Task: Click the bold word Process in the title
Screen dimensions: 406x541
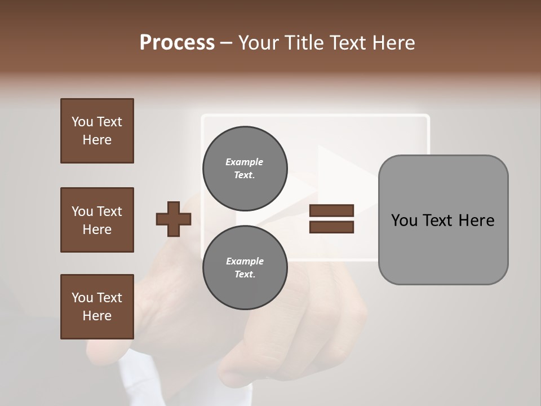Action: tap(177, 43)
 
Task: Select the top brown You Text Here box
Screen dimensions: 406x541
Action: tap(97, 131)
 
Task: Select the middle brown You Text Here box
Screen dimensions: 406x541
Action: tap(97, 220)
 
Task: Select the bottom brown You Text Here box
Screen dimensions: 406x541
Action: tap(97, 307)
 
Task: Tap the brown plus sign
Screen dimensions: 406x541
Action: tap(174, 219)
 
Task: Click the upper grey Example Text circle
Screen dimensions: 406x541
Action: tap(245, 168)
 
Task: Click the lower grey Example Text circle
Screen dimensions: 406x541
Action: tap(245, 267)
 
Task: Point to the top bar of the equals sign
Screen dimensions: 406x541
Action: tap(331, 211)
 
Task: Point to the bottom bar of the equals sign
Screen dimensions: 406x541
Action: tap(331, 227)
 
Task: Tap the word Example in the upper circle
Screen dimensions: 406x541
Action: tap(245, 162)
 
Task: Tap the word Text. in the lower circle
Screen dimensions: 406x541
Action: tap(245, 274)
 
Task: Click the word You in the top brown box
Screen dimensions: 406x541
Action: tap(81, 122)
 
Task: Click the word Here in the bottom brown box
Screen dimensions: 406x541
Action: tap(97, 316)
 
